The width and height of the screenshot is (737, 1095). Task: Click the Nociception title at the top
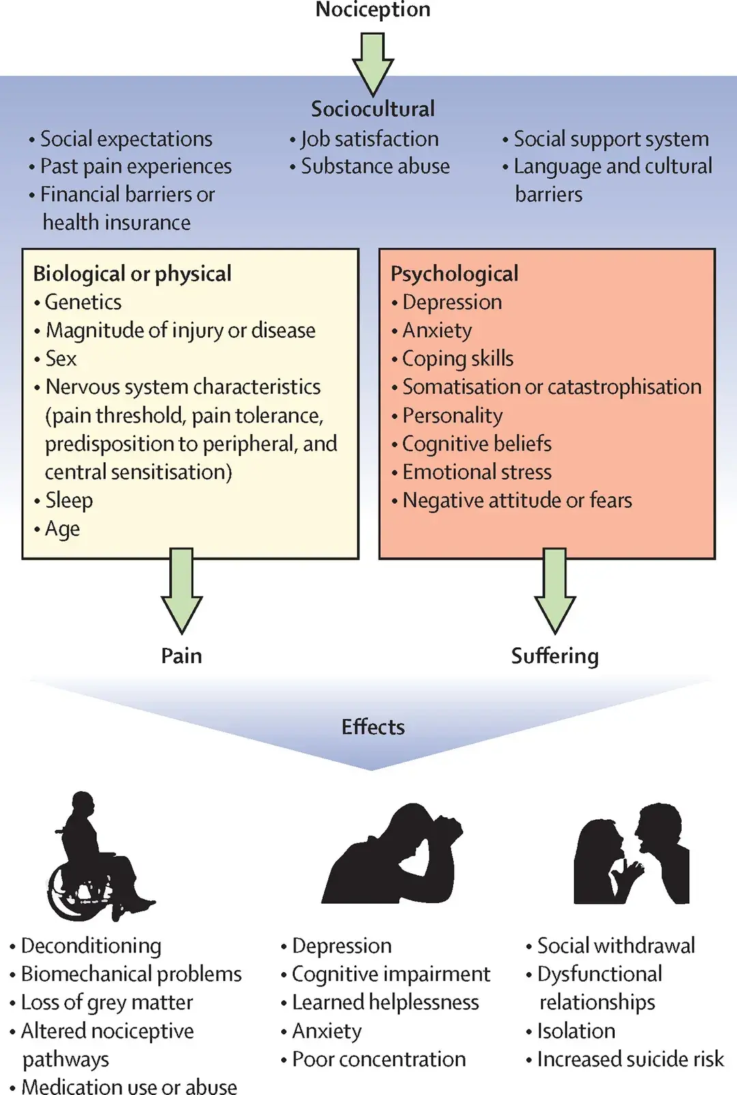pos(373,10)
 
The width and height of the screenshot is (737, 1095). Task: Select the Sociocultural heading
pos(373,109)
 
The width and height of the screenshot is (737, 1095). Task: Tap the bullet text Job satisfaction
pos(369,139)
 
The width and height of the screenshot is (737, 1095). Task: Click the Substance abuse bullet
pos(375,166)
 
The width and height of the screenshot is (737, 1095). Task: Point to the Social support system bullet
pos(611,139)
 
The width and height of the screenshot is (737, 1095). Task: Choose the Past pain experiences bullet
pos(136,166)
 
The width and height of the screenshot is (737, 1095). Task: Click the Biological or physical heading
pos(132,274)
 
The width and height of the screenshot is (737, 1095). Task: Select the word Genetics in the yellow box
pos(83,302)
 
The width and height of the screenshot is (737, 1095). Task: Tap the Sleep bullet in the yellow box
pos(69,500)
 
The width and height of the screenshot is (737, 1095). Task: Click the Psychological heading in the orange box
pos(454,274)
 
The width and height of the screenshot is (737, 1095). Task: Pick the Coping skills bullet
pos(457,358)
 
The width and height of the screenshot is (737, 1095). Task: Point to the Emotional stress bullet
pos(476,472)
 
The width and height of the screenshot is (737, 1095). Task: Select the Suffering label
pos(555,655)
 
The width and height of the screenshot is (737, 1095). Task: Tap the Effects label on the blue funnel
pos(373,726)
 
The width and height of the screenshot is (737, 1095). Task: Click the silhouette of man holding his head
pos(392,857)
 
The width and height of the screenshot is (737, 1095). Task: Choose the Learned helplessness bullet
pos(385,1002)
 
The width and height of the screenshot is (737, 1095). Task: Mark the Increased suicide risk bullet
pos(630,1059)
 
